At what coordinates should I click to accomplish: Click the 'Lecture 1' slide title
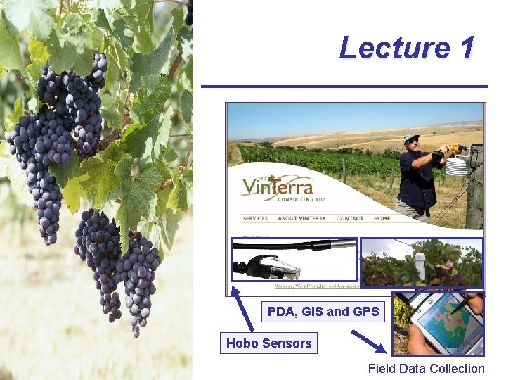pos(406,48)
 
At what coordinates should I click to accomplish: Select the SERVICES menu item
pos(255,219)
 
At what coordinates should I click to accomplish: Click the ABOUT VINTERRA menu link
pos(302,219)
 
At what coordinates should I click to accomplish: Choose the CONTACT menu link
pos(349,219)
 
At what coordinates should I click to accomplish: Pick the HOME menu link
pos(382,219)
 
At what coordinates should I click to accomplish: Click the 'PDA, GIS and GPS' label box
pos(323,311)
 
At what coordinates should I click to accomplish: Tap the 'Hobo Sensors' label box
pos(268,343)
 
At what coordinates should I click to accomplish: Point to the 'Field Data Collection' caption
pos(426,368)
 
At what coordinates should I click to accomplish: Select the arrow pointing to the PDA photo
pos(369,341)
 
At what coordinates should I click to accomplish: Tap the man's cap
pos(411,138)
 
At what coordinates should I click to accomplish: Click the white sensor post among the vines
pos(420,267)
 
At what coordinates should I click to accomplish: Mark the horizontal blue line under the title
pos(344,87)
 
